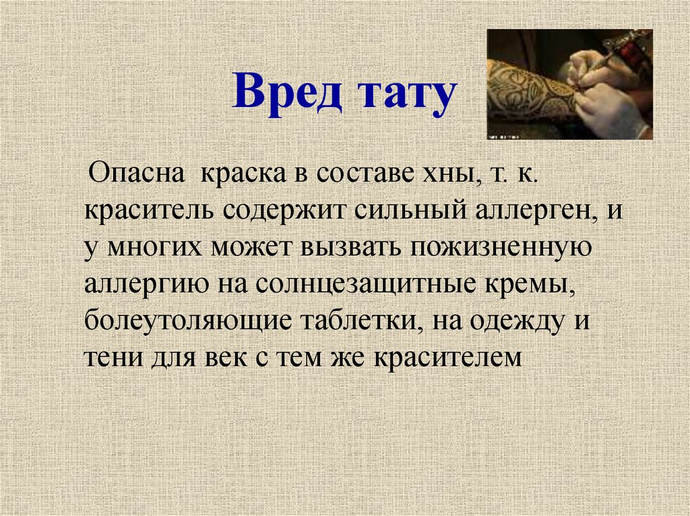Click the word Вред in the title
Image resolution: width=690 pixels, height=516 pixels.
(283, 96)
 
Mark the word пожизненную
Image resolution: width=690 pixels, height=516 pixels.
(499, 248)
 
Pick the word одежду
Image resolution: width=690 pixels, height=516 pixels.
(513, 322)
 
